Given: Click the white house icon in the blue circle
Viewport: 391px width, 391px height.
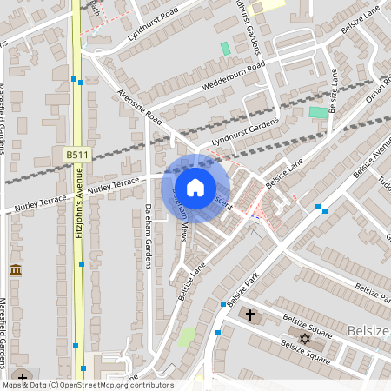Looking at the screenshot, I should pos(195,187).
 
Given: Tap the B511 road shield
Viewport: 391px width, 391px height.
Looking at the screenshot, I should pos(77,154).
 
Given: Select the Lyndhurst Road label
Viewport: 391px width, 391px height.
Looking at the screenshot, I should pos(152,23).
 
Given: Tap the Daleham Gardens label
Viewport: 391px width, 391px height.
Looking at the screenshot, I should pos(148,236).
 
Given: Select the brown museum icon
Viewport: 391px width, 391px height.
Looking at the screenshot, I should pos(16,270).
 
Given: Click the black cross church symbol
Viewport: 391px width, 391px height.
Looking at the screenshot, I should pos(251,314).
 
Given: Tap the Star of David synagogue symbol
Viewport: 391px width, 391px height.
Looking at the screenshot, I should pos(304,337).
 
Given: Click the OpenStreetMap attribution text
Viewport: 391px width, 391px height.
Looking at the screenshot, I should pos(87,385).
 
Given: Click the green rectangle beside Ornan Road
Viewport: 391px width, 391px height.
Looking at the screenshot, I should pos(319,112).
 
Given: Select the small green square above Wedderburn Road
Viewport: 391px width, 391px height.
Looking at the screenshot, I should pos(226,49).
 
